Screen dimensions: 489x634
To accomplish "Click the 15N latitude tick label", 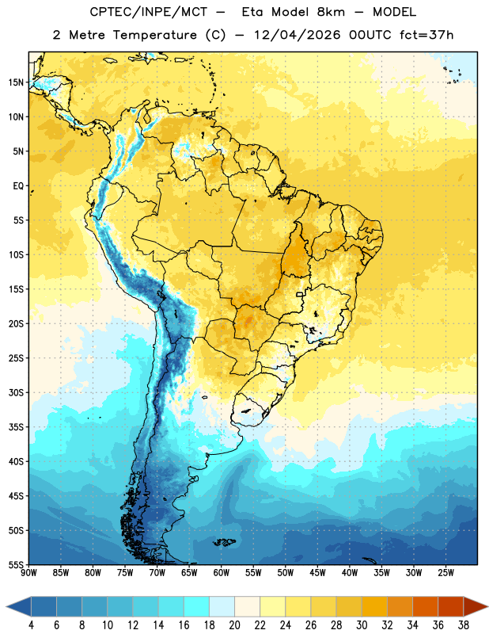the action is (16, 82).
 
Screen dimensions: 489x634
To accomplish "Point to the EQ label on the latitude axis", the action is (18, 186).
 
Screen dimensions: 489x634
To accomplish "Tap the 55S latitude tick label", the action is (16, 565).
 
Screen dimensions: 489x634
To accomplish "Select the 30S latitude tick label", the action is (16, 392).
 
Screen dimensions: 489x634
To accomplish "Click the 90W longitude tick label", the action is (28, 572).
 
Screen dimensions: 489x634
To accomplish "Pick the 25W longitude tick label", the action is (445, 572).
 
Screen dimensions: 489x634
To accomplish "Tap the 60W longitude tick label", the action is (222, 572).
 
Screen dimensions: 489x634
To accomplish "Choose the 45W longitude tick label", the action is (317, 572).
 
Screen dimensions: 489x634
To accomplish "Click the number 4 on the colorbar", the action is (31, 625).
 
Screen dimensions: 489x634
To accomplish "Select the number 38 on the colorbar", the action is (464, 625).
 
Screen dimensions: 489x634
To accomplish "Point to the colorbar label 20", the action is (234, 625).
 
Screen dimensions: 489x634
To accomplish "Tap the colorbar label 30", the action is (362, 625).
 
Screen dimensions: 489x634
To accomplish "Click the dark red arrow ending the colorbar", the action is (474, 606).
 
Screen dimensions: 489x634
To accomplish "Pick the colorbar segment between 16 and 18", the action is (196, 606).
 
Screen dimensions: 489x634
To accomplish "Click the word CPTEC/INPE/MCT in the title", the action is (148, 12).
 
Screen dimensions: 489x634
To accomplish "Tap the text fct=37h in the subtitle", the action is (426, 35).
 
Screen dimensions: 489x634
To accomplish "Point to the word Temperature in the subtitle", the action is (154, 35).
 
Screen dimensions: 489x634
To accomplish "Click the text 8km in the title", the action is (331, 12).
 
